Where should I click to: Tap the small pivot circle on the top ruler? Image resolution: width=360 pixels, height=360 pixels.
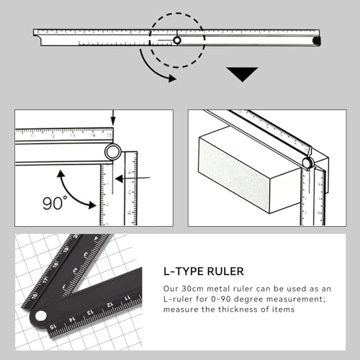[177, 40]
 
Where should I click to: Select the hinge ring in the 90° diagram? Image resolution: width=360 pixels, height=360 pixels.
[112, 151]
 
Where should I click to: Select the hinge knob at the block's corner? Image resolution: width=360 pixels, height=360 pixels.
[307, 163]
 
